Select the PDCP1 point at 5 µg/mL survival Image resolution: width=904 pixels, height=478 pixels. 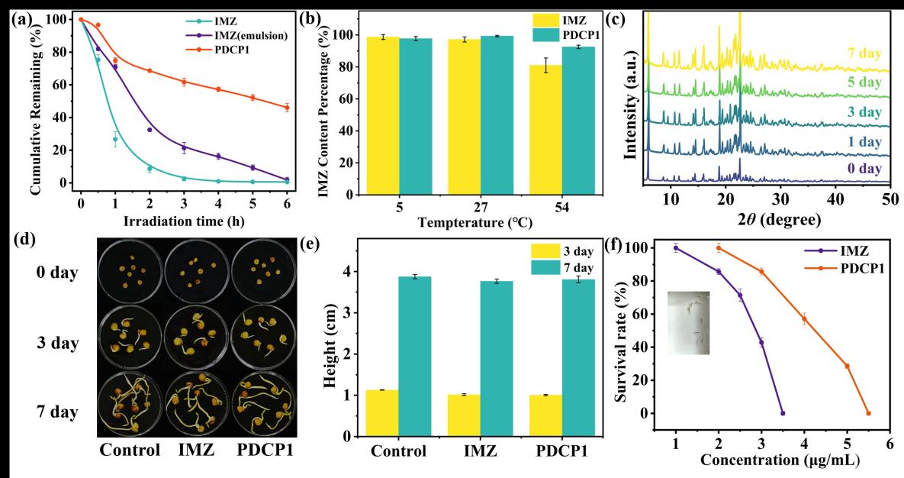[847, 366]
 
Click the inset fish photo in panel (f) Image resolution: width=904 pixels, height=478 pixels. [687, 322]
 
